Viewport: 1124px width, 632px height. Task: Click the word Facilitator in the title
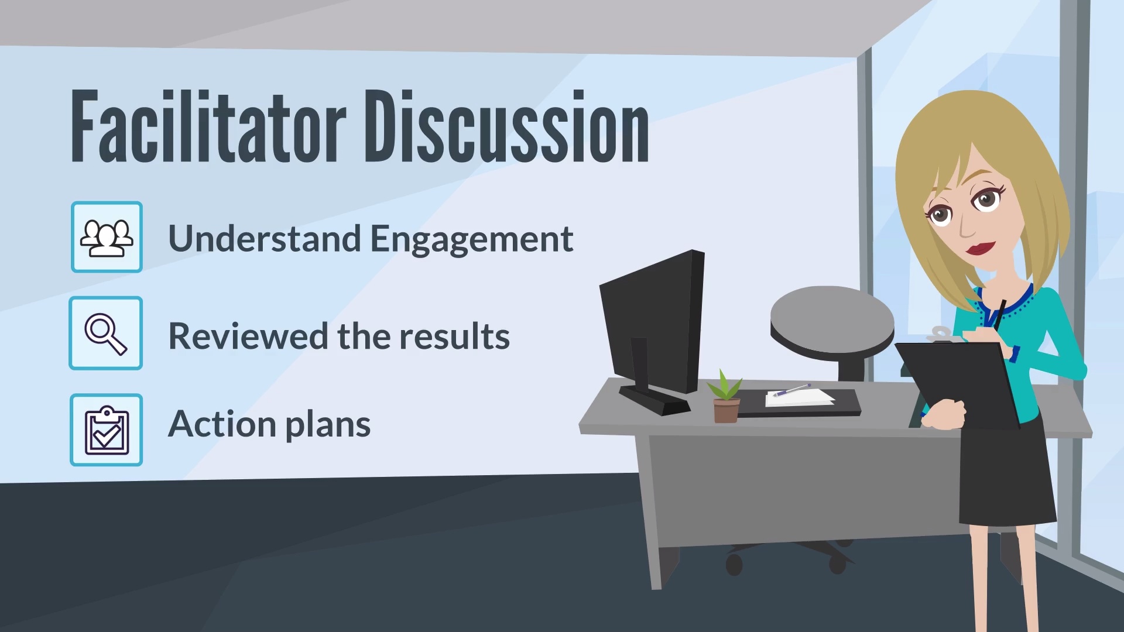pyautogui.click(x=208, y=126)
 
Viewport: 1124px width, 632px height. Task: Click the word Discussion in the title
pyautogui.click(x=507, y=126)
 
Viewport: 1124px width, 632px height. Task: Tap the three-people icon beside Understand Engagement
pyautogui.click(x=107, y=237)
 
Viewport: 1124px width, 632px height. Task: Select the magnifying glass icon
pyautogui.click(x=106, y=333)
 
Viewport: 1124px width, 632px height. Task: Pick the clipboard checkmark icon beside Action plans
pyautogui.click(x=106, y=430)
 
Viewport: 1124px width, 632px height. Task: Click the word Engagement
pyautogui.click(x=472, y=241)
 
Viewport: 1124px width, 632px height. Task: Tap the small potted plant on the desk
pyautogui.click(x=725, y=397)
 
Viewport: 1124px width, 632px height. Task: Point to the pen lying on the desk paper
pyautogui.click(x=791, y=390)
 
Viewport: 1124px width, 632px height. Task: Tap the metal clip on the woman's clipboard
pyautogui.click(x=940, y=334)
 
